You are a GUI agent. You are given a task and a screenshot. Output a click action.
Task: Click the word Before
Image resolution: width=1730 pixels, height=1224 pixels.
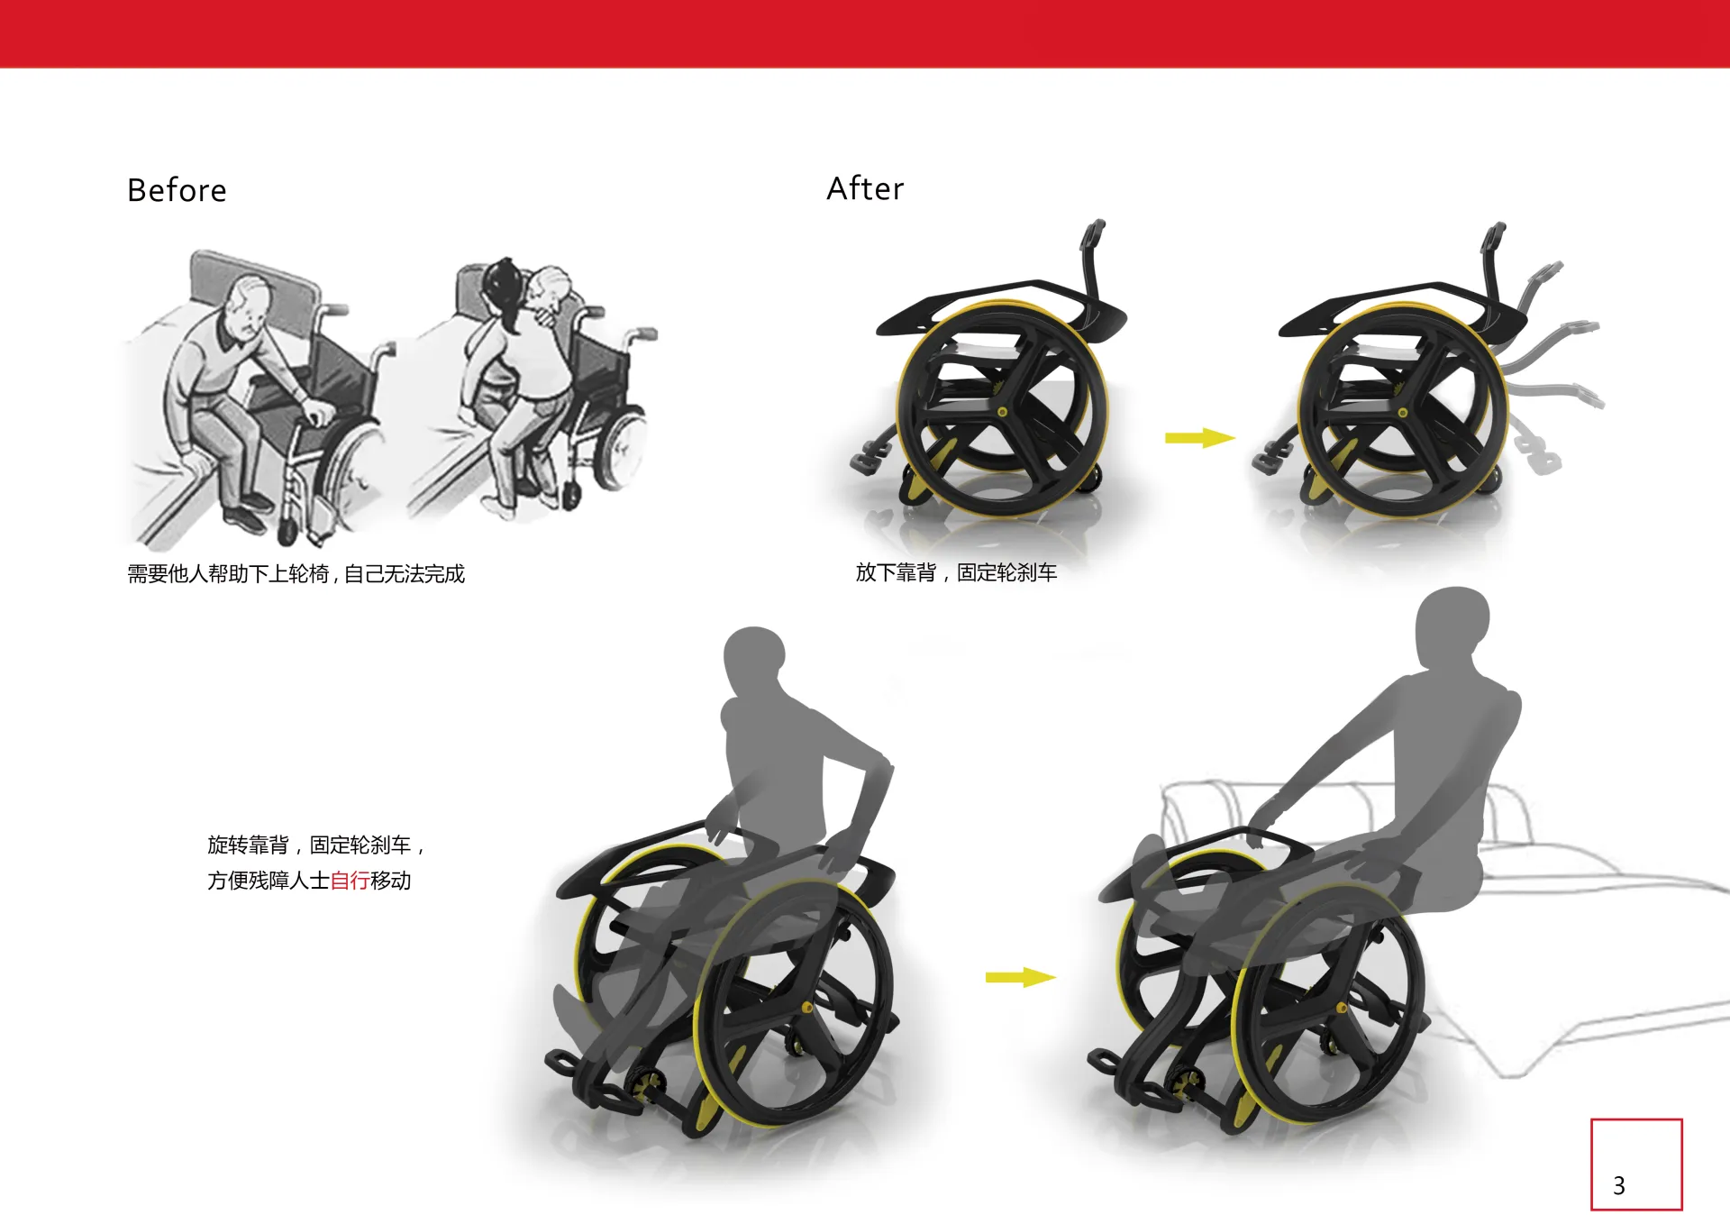(x=177, y=190)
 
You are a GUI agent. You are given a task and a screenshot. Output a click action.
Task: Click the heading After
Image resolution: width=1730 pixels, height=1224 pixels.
(x=865, y=188)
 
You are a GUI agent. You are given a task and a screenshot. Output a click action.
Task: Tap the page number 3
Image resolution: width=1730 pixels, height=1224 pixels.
(x=1618, y=1185)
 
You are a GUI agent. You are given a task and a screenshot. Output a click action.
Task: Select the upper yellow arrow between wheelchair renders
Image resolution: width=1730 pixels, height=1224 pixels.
(x=1200, y=438)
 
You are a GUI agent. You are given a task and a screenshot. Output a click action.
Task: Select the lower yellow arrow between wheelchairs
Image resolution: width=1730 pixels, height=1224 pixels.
(x=1020, y=977)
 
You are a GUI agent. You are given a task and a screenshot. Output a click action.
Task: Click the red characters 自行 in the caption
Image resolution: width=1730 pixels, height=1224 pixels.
(x=350, y=881)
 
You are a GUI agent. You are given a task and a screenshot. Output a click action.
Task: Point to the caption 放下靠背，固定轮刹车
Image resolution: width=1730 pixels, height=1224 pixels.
(x=956, y=572)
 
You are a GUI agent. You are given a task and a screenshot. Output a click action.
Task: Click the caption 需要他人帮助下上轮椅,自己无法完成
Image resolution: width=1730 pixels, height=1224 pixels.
(x=296, y=574)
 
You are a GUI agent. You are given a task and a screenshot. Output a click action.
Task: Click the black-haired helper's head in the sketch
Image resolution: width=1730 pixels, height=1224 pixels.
(x=501, y=282)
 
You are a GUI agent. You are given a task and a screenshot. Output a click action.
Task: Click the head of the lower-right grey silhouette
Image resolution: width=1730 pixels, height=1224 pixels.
(x=1452, y=625)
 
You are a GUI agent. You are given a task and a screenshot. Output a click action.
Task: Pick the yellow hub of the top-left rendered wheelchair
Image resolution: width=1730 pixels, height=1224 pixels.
(x=1003, y=412)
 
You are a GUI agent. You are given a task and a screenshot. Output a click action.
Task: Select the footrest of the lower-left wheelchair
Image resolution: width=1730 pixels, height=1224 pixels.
(x=586, y=1077)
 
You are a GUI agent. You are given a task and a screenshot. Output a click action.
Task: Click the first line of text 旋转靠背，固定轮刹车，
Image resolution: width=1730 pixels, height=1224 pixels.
(x=315, y=845)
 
